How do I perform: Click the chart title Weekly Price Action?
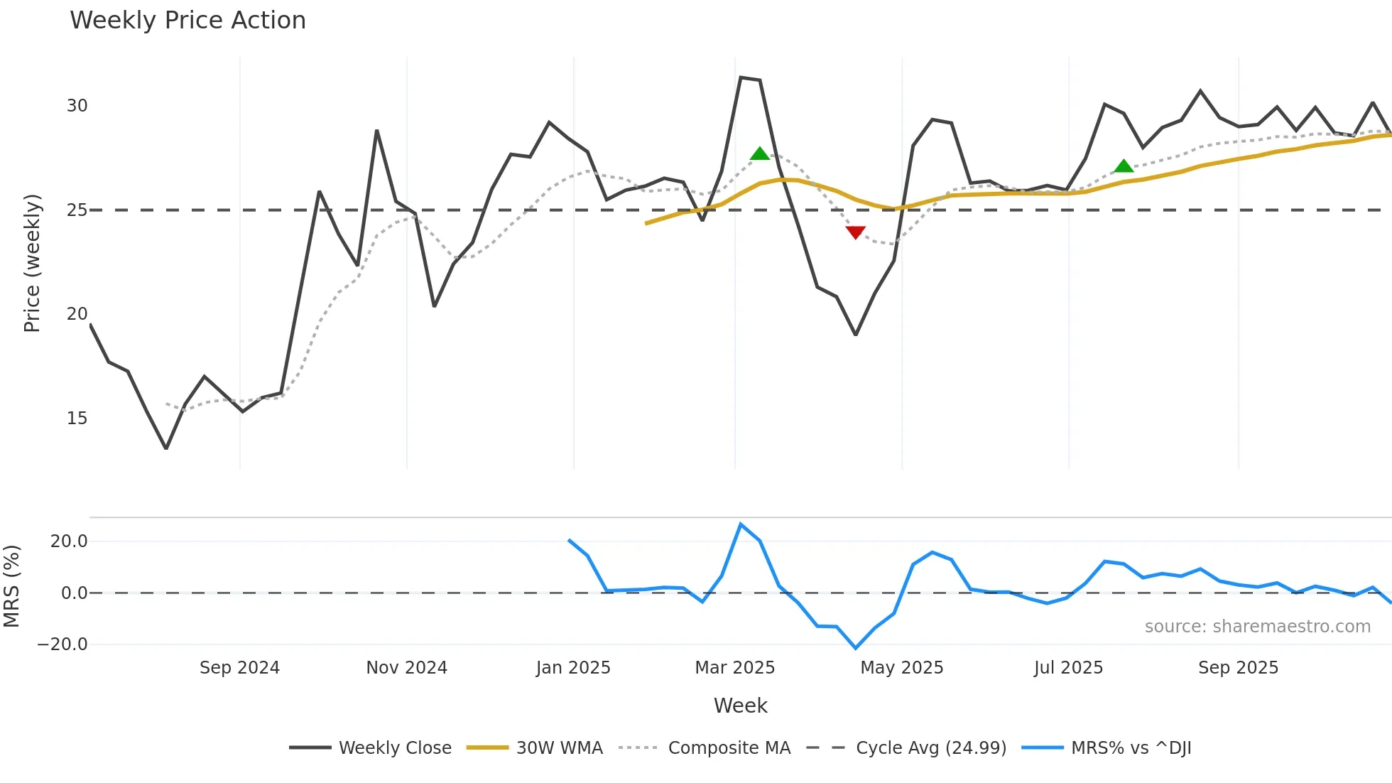click(x=187, y=21)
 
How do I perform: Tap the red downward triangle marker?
click(x=856, y=232)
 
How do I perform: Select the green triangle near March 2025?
click(x=760, y=153)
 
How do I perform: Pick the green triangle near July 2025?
click(x=1124, y=166)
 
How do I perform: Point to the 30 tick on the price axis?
click(x=77, y=106)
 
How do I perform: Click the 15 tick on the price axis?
click(x=77, y=418)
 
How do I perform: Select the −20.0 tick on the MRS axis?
click(x=62, y=644)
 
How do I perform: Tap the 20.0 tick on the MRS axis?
click(x=69, y=541)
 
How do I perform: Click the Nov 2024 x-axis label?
click(x=406, y=668)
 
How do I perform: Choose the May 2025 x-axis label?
click(x=901, y=668)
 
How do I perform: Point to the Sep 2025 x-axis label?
click(x=1238, y=668)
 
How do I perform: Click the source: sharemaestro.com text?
click(x=1257, y=627)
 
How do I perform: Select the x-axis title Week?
click(x=740, y=706)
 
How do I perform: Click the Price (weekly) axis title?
click(x=33, y=263)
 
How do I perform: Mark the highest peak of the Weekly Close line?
click(x=740, y=77)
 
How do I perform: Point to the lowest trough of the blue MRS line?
click(x=856, y=648)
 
